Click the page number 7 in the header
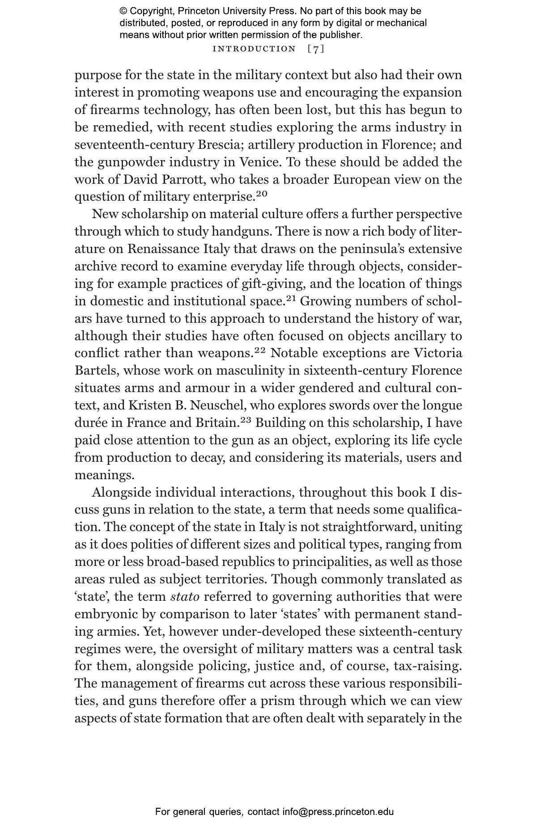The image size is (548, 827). (316, 49)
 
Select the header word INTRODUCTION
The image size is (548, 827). (254, 49)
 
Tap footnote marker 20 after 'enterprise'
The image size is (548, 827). (262, 194)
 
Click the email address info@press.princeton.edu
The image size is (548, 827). (338, 812)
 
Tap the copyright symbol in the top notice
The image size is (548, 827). (123, 11)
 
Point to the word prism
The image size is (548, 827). (278, 701)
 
